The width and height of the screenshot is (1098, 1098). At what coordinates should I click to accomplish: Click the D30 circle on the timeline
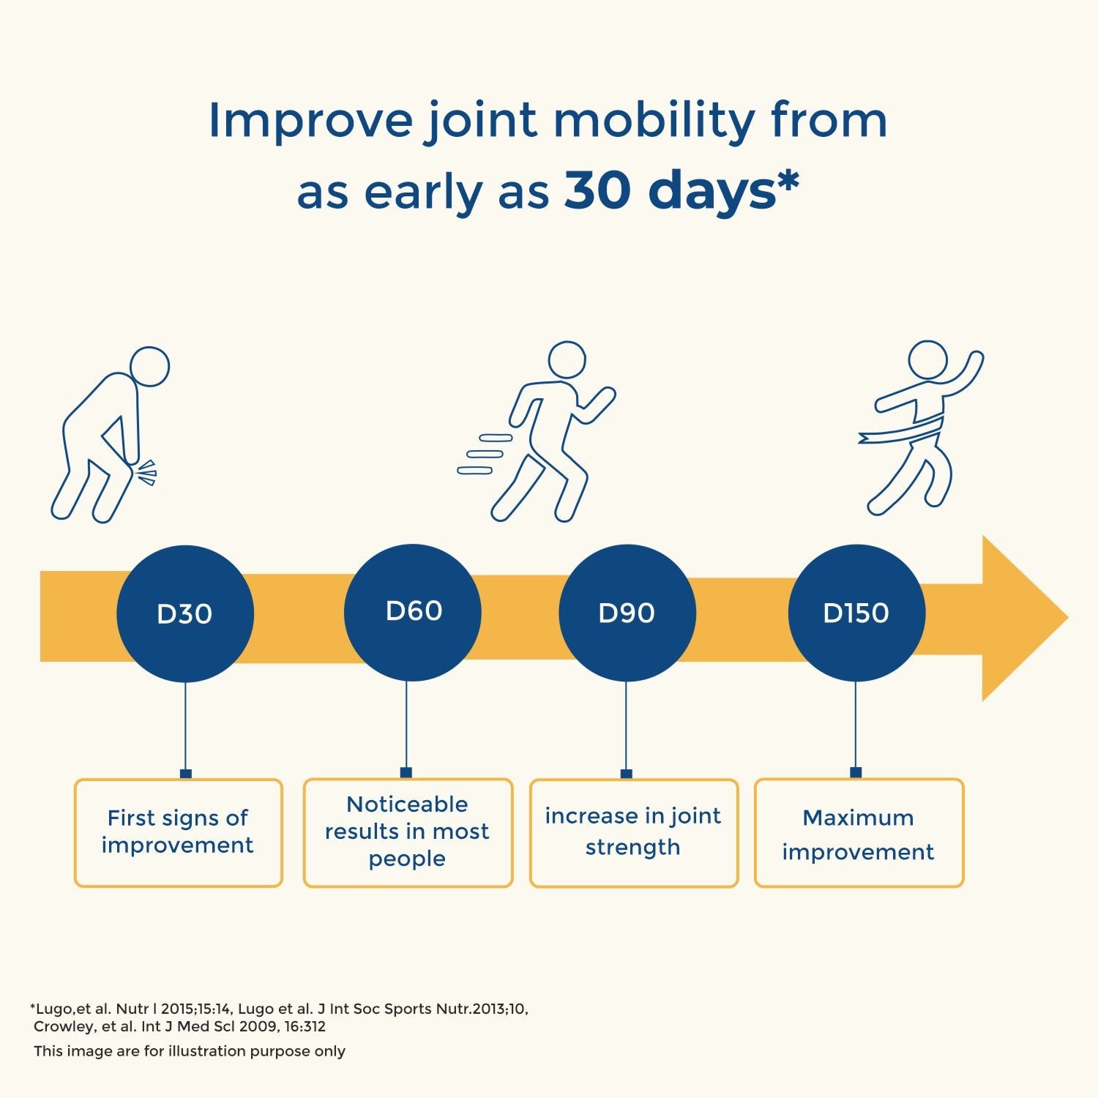click(185, 613)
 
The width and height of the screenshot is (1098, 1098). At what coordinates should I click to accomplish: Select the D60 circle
click(413, 612)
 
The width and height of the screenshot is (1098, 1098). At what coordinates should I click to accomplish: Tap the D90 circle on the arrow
click(627, 613)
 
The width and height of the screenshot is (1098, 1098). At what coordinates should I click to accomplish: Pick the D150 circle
click(856, 613)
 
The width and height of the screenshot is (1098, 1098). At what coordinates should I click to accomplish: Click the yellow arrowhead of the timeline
click(1021, 618)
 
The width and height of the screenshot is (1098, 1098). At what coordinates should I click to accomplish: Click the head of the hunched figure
click(149, 367)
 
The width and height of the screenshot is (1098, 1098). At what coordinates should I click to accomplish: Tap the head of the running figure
click(567, 360)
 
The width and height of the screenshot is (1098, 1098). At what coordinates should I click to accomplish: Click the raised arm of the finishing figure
click(965, 375)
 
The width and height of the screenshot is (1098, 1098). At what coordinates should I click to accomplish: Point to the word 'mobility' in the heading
click(654, 122)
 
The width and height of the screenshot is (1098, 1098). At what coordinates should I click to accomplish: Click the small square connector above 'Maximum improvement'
click(856, 772)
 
